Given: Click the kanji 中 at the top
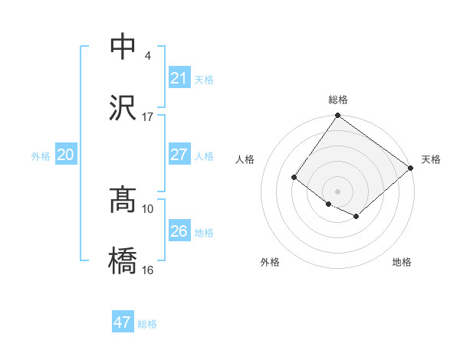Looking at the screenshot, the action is pyautogui.click(x=123, y=47).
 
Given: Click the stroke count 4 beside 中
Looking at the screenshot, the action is pyautogui.click(x=147, y=56).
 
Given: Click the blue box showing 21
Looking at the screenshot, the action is pyautogui.click(x=179, y=78).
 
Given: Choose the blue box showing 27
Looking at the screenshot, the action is pyautogui.click(x=179, y=155).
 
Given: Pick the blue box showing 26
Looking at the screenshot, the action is pyautogui.click(x=179, y=231).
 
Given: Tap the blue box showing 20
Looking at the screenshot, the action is pyautogui.click(x=65, y=155).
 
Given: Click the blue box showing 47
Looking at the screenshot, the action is pyautogui.click(x=122, y=322).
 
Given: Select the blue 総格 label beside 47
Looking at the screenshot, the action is pyautogui.click(x=147, y=324).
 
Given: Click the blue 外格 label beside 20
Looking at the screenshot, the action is pyautogui.click(x=41, y=156).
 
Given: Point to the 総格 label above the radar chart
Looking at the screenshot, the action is pyautogui.click(x=338, y=100).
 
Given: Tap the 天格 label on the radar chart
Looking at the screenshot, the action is pyautogui.click(x=431, y=159).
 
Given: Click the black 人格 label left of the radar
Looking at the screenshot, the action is pyautogui.click(x=245, y=159).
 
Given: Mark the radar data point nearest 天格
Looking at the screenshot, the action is pyautogui.click(x=411, y=168).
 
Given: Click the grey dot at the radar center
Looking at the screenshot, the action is pyautogui.click(x=338, y=191).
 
